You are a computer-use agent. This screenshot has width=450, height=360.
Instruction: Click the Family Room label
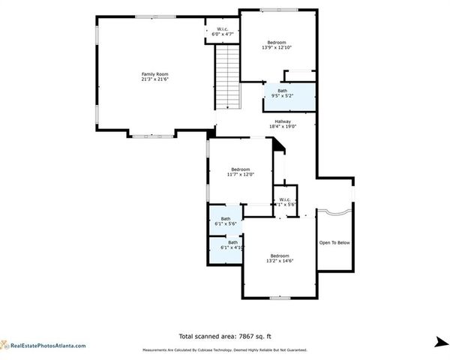click(155, 73)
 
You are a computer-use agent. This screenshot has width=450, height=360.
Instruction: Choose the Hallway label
click(283, 121)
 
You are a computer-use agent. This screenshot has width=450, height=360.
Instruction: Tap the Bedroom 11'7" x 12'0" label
click(240, 172)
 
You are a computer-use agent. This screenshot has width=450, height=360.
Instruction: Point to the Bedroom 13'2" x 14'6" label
click(279, 258)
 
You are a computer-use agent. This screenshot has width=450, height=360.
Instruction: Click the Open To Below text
click(334, 242)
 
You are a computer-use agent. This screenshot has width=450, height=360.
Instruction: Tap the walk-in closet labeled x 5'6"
click(285, 202)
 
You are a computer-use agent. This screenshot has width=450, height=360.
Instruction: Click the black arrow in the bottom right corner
click(440, 342)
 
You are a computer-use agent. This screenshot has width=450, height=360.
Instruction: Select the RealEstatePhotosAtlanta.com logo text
click(48, 346)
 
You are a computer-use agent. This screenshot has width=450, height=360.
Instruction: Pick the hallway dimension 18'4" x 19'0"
click(283, 126)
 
